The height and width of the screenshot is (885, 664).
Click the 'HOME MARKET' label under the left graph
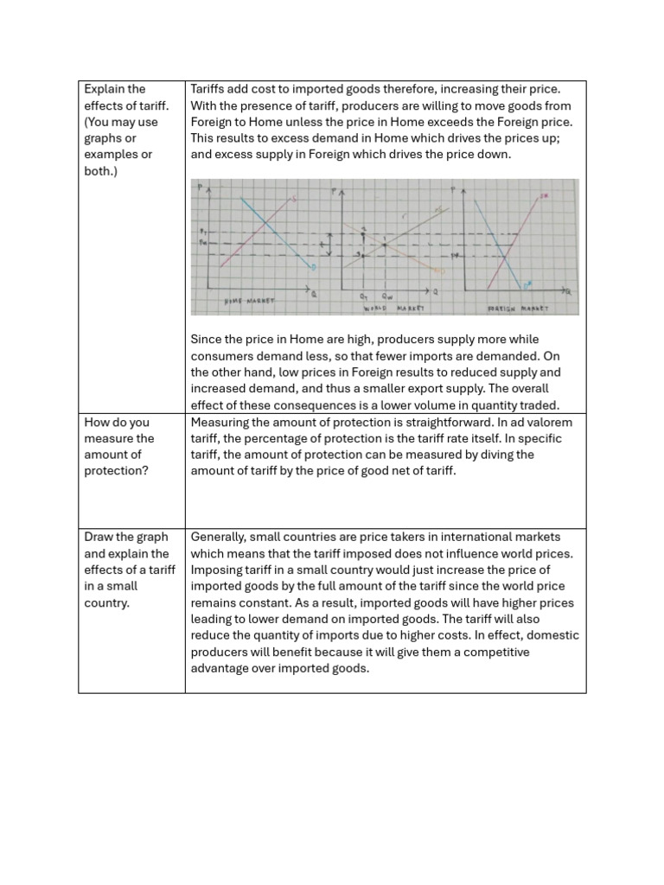[x=249, y=301]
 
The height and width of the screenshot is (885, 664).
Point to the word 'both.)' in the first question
[x=101, y=171]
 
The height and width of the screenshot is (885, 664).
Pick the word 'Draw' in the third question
[x=99, y=538]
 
